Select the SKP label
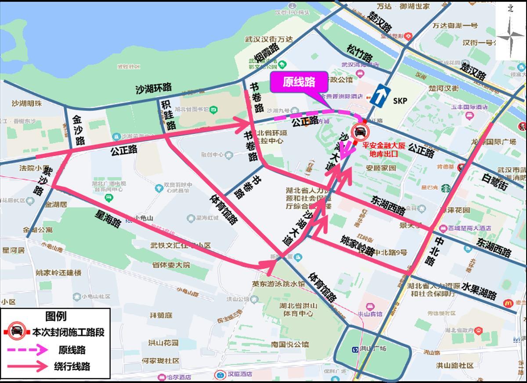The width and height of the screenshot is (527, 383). point(400,101)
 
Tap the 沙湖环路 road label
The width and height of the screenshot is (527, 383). point(153,88)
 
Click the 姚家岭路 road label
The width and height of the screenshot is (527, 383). point(357,244)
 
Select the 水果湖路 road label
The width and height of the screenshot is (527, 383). point(479,290)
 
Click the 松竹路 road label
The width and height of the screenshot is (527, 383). point(359,53)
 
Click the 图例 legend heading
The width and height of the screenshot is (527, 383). point(56,316)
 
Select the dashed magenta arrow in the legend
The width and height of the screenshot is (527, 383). point(26,350)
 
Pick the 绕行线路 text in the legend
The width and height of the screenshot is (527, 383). point(72,366)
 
